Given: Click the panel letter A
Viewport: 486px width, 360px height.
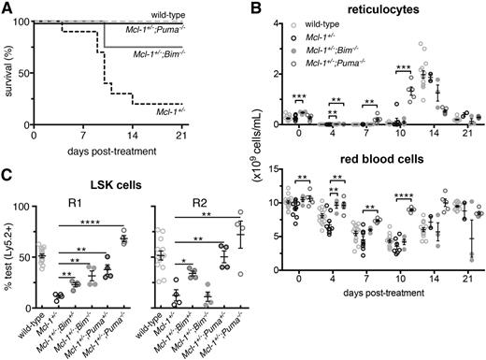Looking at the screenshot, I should [x=7, y=8].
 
